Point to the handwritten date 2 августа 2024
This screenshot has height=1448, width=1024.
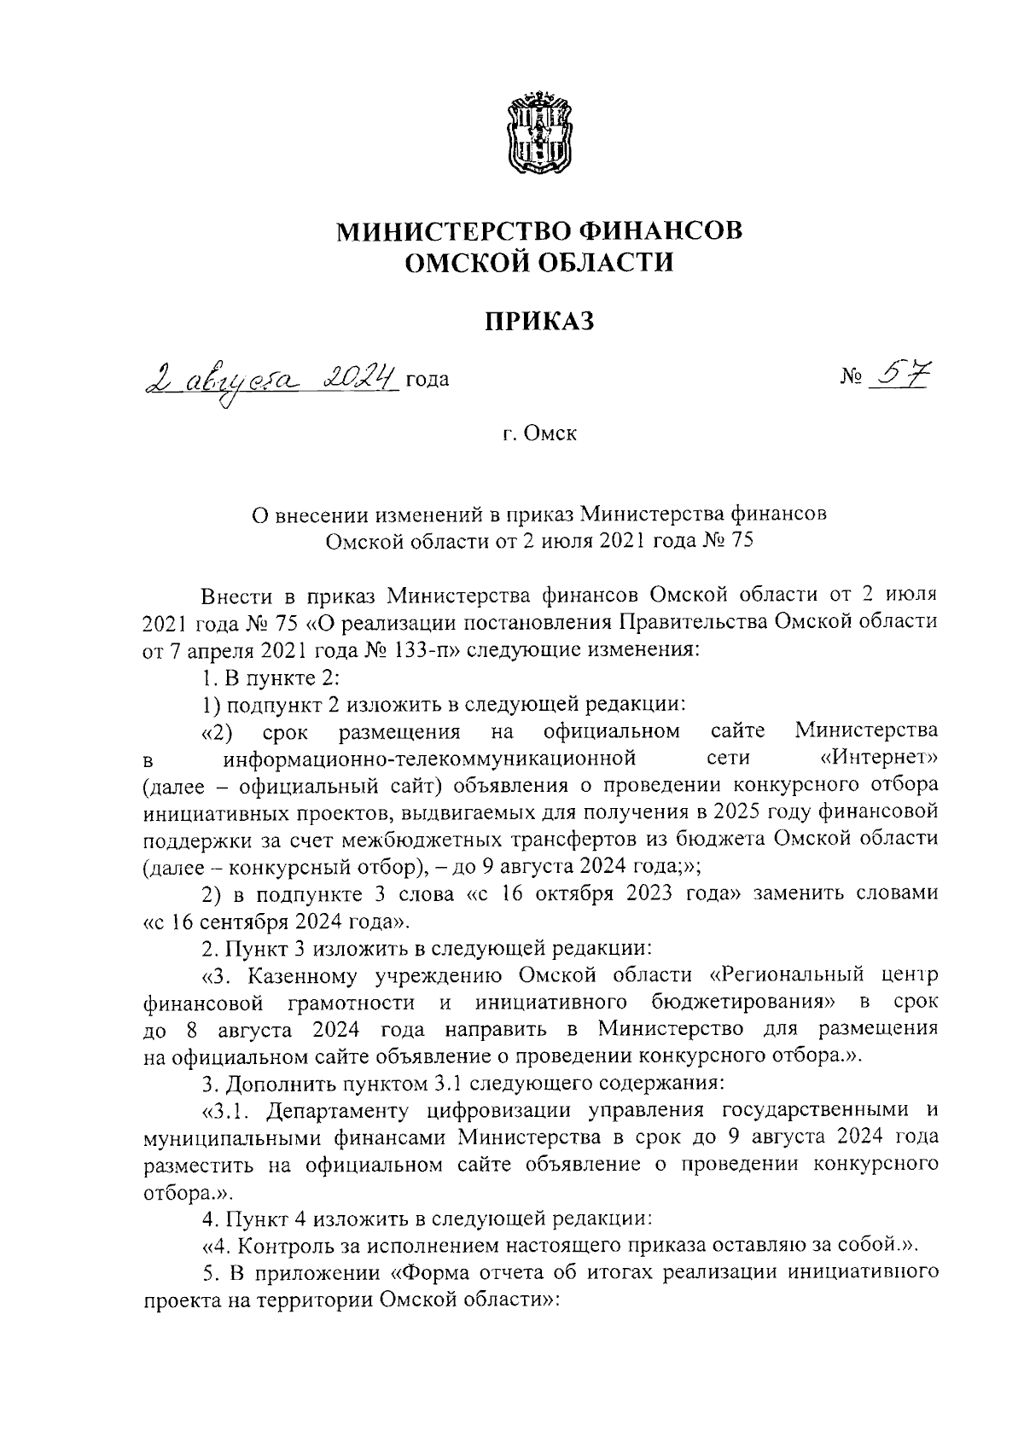click(x=272, y=375)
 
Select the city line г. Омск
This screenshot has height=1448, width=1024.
click(x=538, y=433)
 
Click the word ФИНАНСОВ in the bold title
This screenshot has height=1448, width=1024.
click(x=649, y=231)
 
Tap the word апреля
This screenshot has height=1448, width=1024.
click(x=204, y=649)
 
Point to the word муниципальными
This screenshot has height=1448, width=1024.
click(x=224, y=1141)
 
